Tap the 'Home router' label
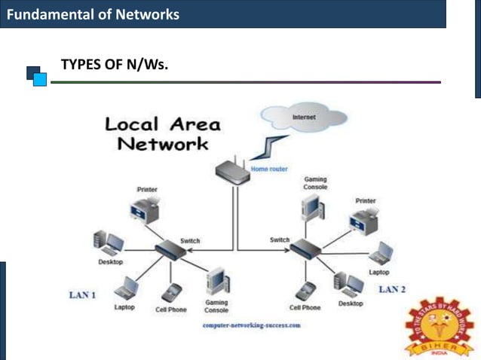tap(269, 169)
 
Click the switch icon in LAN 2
tap(305, 246)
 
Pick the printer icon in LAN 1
tap(145, 207)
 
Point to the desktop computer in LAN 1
tap(108, 243)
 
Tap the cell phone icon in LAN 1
tap(173, 292)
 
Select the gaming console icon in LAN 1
tap(217, 281)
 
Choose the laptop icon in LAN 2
tap(381, 253)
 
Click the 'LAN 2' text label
tap(392, 289)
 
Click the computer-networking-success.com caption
tap(252, 325)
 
